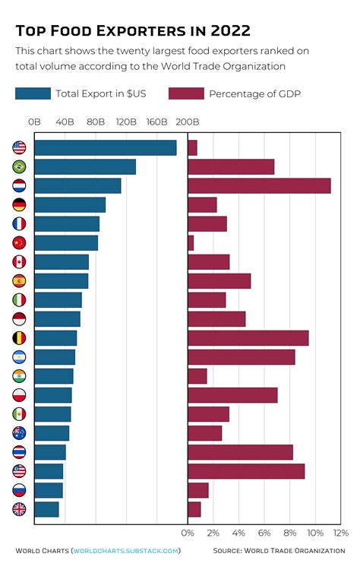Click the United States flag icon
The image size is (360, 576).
click(19, 148)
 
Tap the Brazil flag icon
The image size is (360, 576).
click(19, 167)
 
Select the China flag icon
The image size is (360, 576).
click(19, 243)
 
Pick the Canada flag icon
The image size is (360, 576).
click(19, 262)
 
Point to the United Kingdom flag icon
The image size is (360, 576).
click(19, 509)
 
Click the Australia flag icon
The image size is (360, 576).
click(19, 433)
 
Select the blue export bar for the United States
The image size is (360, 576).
click(106, 148)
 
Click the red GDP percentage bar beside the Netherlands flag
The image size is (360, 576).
click(259, 185)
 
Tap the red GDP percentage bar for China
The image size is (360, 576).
click(191, 243)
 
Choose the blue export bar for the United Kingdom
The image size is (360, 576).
click(46, 509)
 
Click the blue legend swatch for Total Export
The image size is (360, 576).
click(31, 93)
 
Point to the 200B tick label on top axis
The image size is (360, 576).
click(187, 122)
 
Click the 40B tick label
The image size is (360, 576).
click(65, 122)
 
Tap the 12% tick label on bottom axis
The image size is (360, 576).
click(341, 533)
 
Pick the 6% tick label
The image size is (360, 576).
click(264, 533)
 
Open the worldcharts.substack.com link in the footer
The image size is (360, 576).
click(125, 551)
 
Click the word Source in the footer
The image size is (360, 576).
click(227, 551)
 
